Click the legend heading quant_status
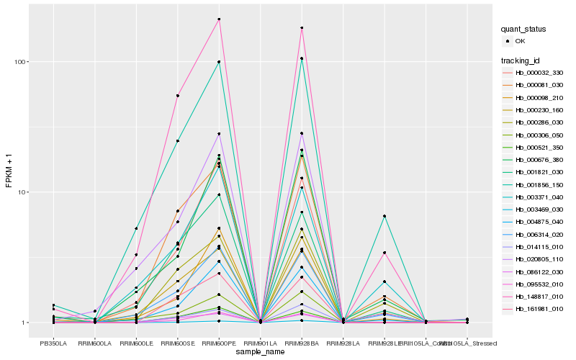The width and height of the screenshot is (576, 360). (523, 29)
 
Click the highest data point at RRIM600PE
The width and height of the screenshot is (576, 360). (219, 19)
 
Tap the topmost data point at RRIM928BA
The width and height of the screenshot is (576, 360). (302, 28)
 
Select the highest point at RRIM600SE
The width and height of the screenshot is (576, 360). (178, 96)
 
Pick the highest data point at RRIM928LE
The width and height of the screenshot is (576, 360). (384, 216)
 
